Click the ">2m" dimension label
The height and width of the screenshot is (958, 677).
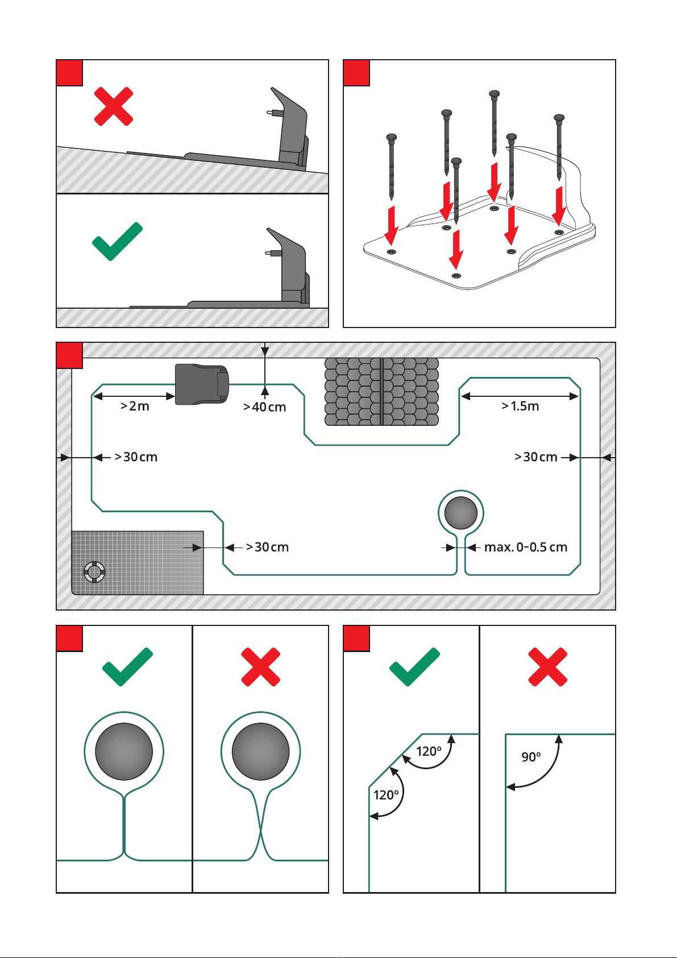pos(135,406)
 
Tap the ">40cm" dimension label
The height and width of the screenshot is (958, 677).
pos(264,407)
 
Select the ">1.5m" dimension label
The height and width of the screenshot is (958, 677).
pos(520,406)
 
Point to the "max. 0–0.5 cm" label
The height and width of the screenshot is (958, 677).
pos(525,548)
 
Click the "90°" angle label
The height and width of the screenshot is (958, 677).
pos(531,757)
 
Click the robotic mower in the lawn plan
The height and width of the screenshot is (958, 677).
pos(202,384)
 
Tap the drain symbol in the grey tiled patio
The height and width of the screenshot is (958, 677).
pos(94,571)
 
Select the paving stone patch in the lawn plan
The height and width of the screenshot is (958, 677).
pos(381,392)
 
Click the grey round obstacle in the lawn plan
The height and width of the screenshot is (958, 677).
pos(460,513)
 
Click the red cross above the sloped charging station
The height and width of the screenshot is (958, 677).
pos(114,106)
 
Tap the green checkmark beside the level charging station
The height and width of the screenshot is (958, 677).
pos(117,241)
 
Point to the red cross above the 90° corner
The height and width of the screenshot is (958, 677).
pos(547,667)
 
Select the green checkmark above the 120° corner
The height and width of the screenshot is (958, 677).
pos(414,666)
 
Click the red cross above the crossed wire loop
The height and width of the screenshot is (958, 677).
pos(260,667)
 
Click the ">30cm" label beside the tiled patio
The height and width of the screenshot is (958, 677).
pos(267,547)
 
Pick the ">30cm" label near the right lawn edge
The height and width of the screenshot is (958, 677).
pos(535,457)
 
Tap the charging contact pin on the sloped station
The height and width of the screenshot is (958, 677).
pos(271,113)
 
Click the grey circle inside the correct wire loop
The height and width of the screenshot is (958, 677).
pos(124,752)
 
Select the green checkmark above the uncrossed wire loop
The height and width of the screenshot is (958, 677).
pos(127,666)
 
